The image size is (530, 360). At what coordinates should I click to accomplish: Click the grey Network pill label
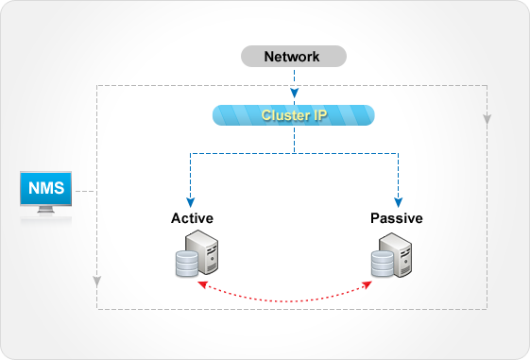pyautogui.click(x=292, y=57)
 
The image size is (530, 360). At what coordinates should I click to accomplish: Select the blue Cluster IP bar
pyautogui.click(x=293, y=116)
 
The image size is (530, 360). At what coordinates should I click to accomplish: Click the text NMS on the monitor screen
pyautogui.click(x=46, y=188)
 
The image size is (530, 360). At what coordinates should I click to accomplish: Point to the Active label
pyautogui.click(x=192, y=218)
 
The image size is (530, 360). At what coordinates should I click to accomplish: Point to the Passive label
pyautogui.click(x=396, y=218)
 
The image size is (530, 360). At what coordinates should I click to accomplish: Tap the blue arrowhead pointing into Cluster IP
pyautogui.click(x=294, y=94)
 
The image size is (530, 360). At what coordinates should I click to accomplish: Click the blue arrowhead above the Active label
pyautogui.click(x=192, y=201)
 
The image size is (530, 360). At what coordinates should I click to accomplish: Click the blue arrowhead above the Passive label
pyautogui.click(x=398, y=201)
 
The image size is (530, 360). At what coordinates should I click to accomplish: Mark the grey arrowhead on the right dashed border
pyautogui.click(x=487, y=120)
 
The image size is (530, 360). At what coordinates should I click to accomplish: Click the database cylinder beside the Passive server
pyautogui.click(x=380, y=265)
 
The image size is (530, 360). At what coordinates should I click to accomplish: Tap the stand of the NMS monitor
pyautogui.click(x=46, y=214)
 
